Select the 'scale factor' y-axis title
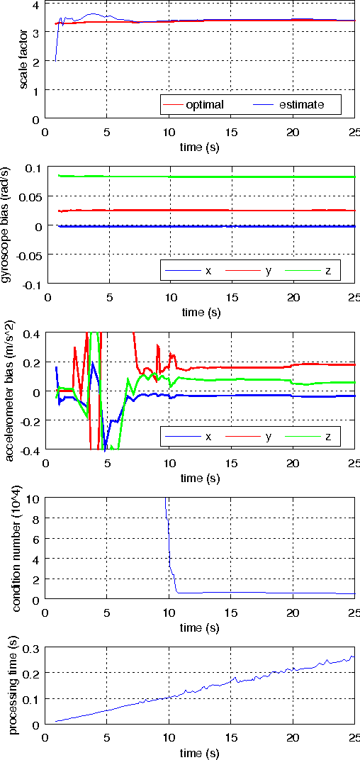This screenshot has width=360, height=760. pyautogui.click(x=23, y=60)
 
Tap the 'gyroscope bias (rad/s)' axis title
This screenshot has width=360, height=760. pyautogui.click(x=23, y=225)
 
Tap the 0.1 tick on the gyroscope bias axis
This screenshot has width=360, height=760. pyautogui.click(x=31, y=168)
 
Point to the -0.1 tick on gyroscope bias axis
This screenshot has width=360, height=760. pyautogui.click(x=29, y=284)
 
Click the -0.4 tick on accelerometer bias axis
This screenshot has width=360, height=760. pyautogui.click(x=29, y=450)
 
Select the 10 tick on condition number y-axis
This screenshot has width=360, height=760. pyautogui.click(x=33, y=498)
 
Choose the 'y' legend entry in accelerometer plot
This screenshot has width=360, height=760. pyautogui.click(x=268, y=437)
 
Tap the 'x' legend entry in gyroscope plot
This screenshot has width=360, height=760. pyautogui.click(x=208, y=271)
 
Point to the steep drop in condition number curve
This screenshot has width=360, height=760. pyautogui.click(x=169, y=546)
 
